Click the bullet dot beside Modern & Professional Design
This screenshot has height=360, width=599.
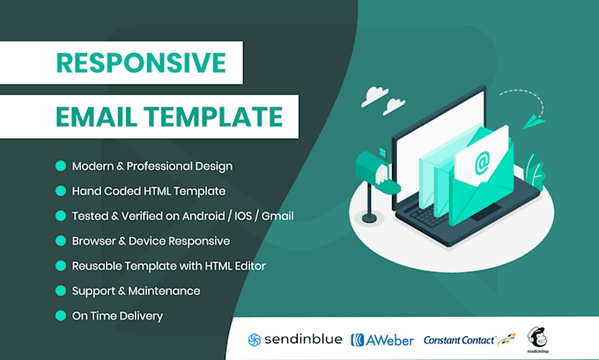(x=61, y=165)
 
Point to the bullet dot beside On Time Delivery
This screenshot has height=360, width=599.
(x=61, y=315)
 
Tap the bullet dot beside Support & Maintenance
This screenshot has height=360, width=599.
(x=61, y=290)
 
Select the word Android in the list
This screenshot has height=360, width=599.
(x=199, y=216)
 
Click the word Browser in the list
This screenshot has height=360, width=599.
(x=99, y=240)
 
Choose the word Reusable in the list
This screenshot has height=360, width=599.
(x=101, y=265)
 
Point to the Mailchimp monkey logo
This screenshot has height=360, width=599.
(x=538, y=336)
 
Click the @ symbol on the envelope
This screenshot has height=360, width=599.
(x=482, y=163)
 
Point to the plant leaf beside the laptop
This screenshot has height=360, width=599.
(x=535, y=167)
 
